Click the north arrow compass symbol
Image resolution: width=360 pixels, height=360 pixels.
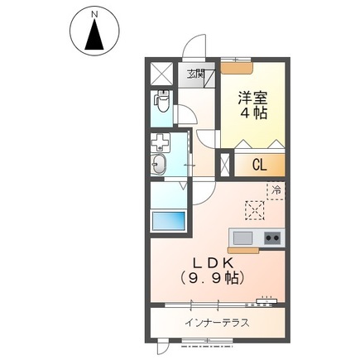click(x=94, y=35)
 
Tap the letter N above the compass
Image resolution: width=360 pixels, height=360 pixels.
click(x=94, y=14)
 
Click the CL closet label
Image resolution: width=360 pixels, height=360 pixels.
click(x=259, y=164)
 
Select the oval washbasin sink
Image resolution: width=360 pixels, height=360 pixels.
click(x=161, y=166)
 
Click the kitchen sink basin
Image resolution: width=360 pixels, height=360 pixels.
click(x=242, y=238)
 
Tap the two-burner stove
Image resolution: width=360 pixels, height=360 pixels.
click(x=272, y=238)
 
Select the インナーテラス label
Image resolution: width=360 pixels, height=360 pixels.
click(x=216, y=322)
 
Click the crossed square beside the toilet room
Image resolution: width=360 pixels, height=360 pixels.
click(x=161, y=71)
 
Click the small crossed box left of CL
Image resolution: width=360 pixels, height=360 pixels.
click(x=224, y=163)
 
